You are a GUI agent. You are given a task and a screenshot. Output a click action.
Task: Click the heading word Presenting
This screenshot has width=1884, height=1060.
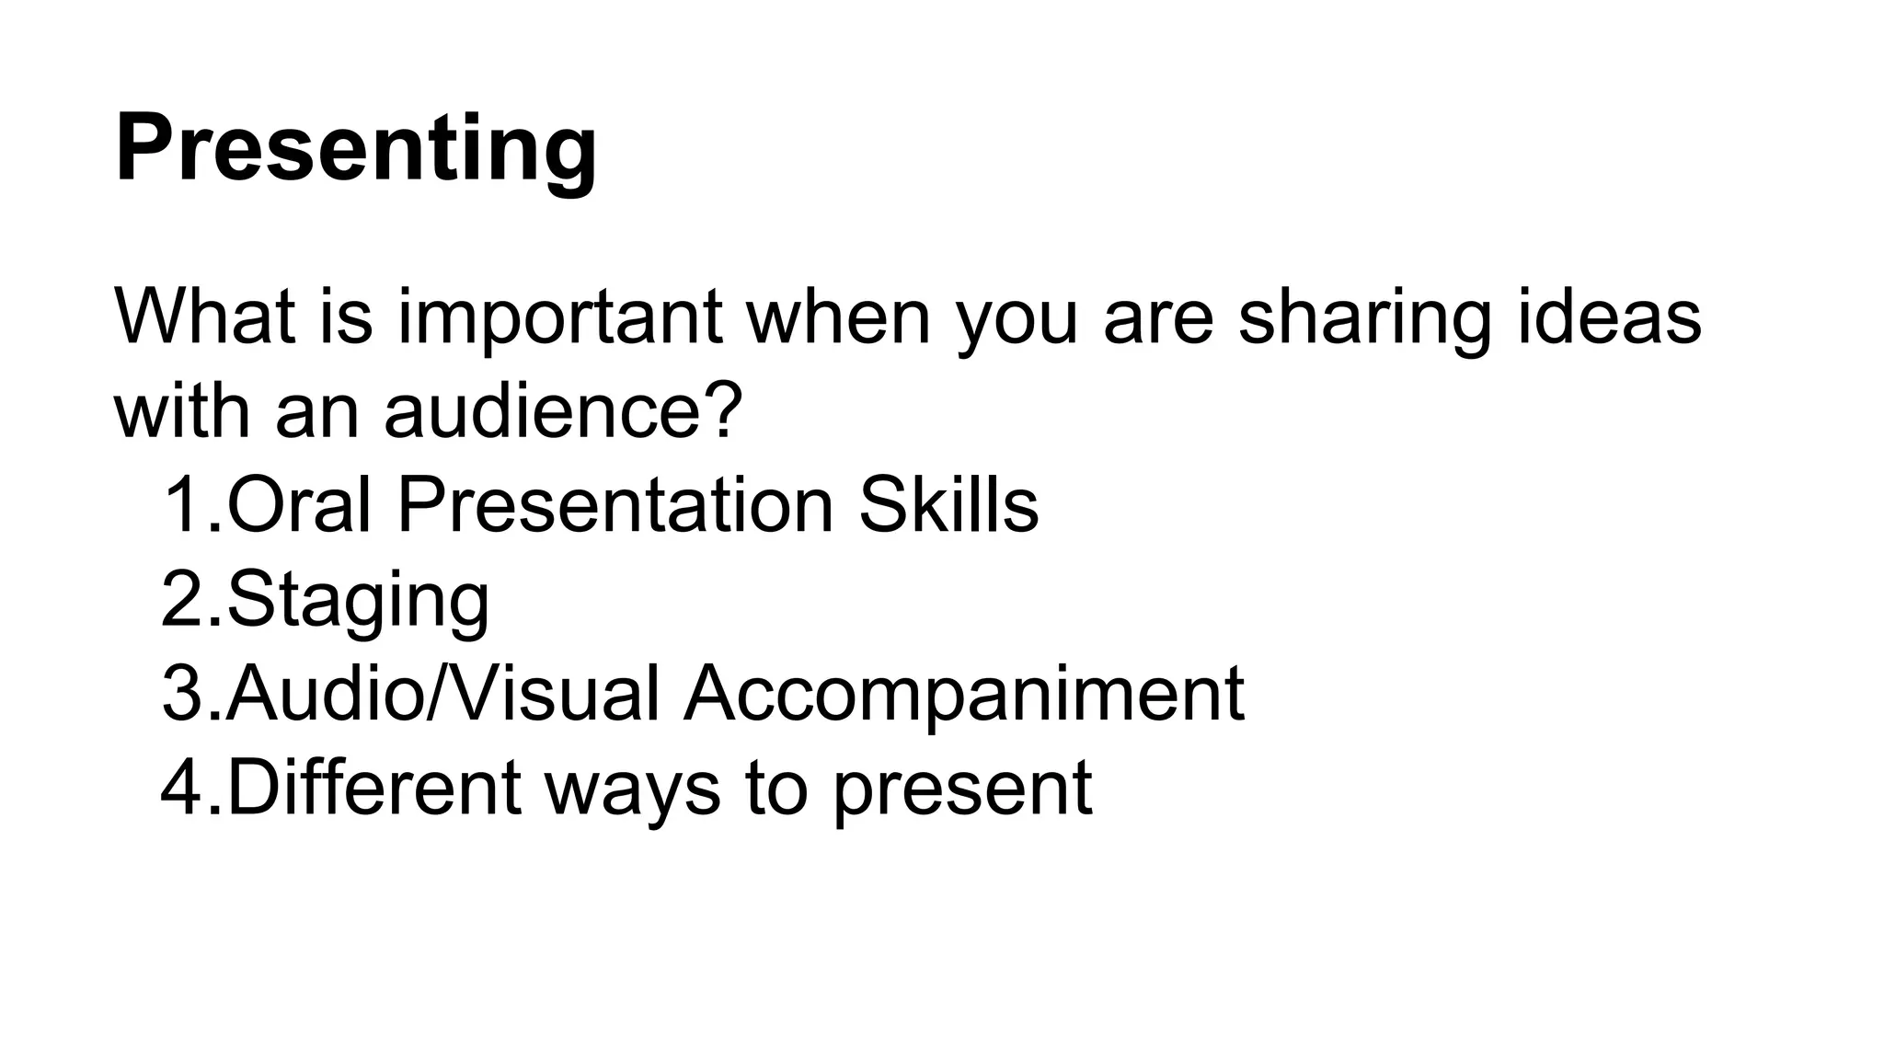click(355, 149)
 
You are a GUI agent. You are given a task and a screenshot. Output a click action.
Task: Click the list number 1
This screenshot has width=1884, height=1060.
click(182, 505)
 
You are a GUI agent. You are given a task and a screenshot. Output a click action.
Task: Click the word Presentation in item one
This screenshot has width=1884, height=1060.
click(615, 505)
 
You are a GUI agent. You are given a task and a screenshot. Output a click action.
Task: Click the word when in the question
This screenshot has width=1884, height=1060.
click(838, 317)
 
